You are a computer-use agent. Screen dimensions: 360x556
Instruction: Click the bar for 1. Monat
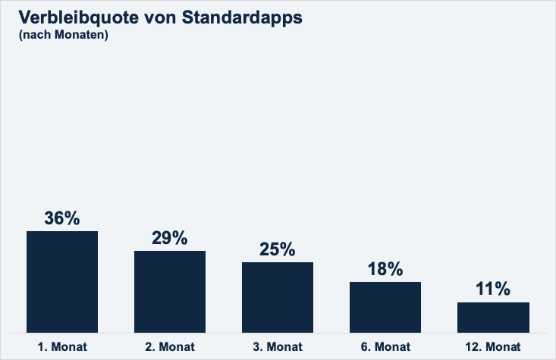click(x=62, y=281)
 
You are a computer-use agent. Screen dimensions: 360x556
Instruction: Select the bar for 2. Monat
click(x=170, y=291)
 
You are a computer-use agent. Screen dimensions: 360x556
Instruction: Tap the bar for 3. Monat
click(x=278, y=297)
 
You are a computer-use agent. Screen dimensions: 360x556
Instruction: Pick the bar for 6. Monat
click(x=385, y=307)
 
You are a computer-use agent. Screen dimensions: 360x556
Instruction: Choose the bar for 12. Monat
click(x=493, y=317)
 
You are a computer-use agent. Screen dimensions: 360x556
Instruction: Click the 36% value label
click(x=62, y=218)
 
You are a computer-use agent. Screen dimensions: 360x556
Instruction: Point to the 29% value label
click(x=170, y=238)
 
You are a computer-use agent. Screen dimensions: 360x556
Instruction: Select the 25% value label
click(x=278, y=249)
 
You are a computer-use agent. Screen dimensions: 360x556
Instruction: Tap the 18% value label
click(x=385, y=269)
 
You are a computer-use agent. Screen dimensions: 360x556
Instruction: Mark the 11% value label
click(x=493, y=290)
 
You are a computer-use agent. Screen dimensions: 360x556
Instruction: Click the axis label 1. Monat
click(x=62, y=347)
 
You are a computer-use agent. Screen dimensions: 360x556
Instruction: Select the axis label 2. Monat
click(x=170, y=347)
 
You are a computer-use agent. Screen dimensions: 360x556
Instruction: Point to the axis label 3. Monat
click(x=278, y=347)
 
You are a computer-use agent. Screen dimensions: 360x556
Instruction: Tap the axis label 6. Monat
click(x=385, y=347)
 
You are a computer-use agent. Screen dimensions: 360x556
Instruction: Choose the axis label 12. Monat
click(x=493, y=347)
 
